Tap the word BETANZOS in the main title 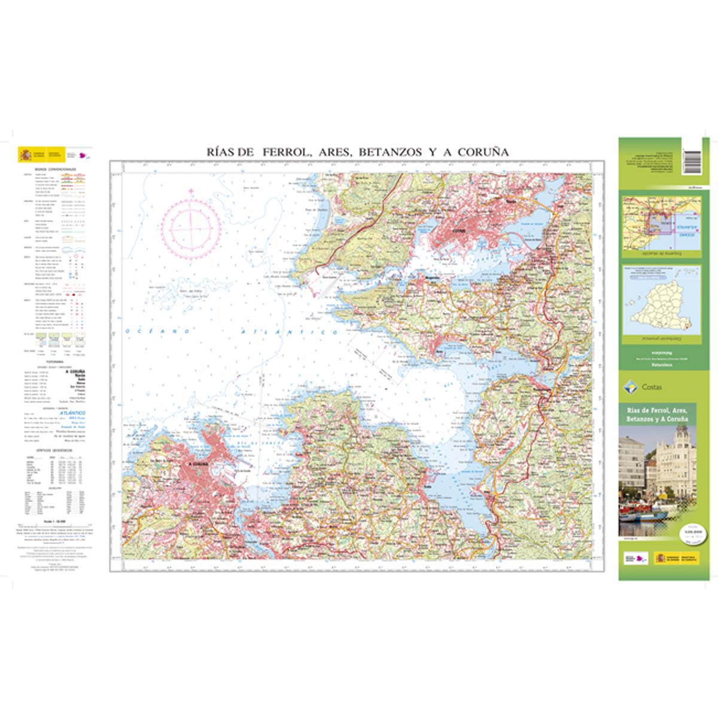pos(391,152)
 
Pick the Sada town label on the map pos(427,485)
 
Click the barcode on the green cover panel pos(692,161)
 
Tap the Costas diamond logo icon pos(629,387)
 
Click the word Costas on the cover pos(652,387)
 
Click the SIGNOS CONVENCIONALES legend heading pos(56,170)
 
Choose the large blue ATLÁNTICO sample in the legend pos(72,413)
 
